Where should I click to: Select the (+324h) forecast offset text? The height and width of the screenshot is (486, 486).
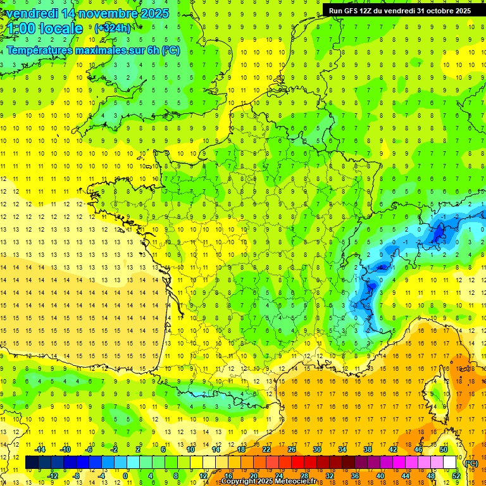(x=113, y=28)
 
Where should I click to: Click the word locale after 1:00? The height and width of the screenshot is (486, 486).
(x=61, y=28)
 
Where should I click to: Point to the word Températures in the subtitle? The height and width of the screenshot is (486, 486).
(x=40, y=51)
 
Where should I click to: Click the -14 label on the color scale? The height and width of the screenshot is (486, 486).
(x=39, y=449)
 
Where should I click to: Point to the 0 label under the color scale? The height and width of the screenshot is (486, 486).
(x=125, y=476)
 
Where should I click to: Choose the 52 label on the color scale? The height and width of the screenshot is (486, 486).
(x=456, y=476)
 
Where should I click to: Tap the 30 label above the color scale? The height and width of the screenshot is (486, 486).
(x=316, y=449)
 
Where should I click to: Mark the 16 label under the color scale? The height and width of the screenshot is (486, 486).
(x=228, y=476)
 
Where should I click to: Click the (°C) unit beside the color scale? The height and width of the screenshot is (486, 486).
(x=471, y=463)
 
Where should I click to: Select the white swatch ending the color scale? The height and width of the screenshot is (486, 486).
(x=450, y=463)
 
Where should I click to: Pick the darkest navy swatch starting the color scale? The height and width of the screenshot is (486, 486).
(x=32, y=463)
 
